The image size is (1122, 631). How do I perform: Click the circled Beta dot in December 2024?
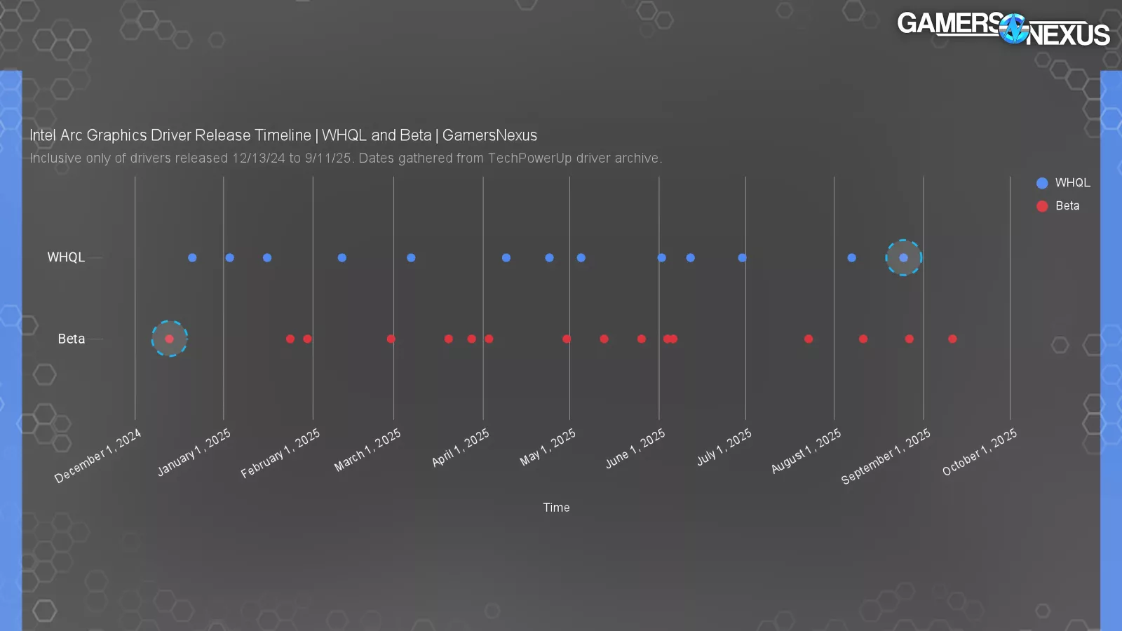tap(169, 339)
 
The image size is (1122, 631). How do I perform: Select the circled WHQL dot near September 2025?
tap(903, 257)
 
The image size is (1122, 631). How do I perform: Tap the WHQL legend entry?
tap(1063, 183)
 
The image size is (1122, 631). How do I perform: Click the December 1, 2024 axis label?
tap(98, 456)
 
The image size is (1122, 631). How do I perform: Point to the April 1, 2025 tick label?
tap(461, 448)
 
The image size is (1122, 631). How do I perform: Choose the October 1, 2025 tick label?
tap(979, 452)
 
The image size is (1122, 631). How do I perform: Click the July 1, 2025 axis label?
tap(724, 447)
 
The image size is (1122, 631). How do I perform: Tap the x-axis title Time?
tap(556, 508)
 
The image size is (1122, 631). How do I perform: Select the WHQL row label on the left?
tap(66, 257)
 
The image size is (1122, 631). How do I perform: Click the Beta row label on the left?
tap(71, 339)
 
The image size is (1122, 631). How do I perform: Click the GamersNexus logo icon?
tap(1013, 29)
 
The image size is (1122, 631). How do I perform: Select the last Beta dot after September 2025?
tap(952, 339)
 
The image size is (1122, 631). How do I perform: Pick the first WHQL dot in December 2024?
tap(192, 257)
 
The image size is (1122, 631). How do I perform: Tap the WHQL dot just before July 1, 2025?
tap(742, 257)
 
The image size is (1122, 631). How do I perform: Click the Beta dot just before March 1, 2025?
tap(391, 339)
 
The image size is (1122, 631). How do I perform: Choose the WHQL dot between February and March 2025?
tap(342, 257)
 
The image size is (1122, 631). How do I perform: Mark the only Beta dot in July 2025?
tap(809, 339)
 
